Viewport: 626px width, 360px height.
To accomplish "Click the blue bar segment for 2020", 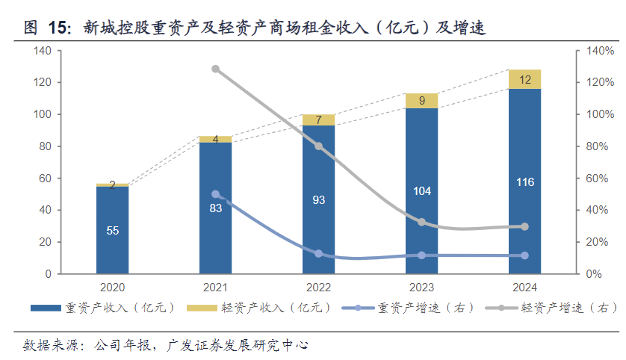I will pyautogui.click(x=112, y=230).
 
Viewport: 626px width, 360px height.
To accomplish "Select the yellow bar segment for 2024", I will pyautogui.click(x=524, y=79).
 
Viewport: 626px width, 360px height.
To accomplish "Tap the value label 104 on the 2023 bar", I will pyautogui.click(x=421, y=191).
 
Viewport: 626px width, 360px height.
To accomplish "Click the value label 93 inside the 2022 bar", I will pyautogui.click(x=319, y=200).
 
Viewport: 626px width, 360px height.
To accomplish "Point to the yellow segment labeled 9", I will pyautogui.click(x=421, y=101).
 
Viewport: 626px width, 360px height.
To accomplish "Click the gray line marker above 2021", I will pyautogui.click(x=216, y=69).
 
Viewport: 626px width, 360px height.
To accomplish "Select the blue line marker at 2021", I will pyautogui.click(x=216, y=194).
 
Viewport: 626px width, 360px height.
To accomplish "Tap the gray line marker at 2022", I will pyautogui.click(x=319, y=146).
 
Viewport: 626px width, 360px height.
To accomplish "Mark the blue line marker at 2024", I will pyautogui.click(x=524, y=255).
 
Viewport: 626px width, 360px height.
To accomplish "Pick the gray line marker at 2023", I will pyautogui.click(x=421, y=222).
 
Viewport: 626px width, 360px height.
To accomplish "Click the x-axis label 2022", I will pyautogui.click(x=319, y=288).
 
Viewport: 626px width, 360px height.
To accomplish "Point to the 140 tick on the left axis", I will pyautogui.click(x=42, y=51).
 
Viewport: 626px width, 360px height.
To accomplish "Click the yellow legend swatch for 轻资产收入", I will pyautogui.click(x=199, y=308).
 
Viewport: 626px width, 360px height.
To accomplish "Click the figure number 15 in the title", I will pyautogui.click(x=58, y=28).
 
